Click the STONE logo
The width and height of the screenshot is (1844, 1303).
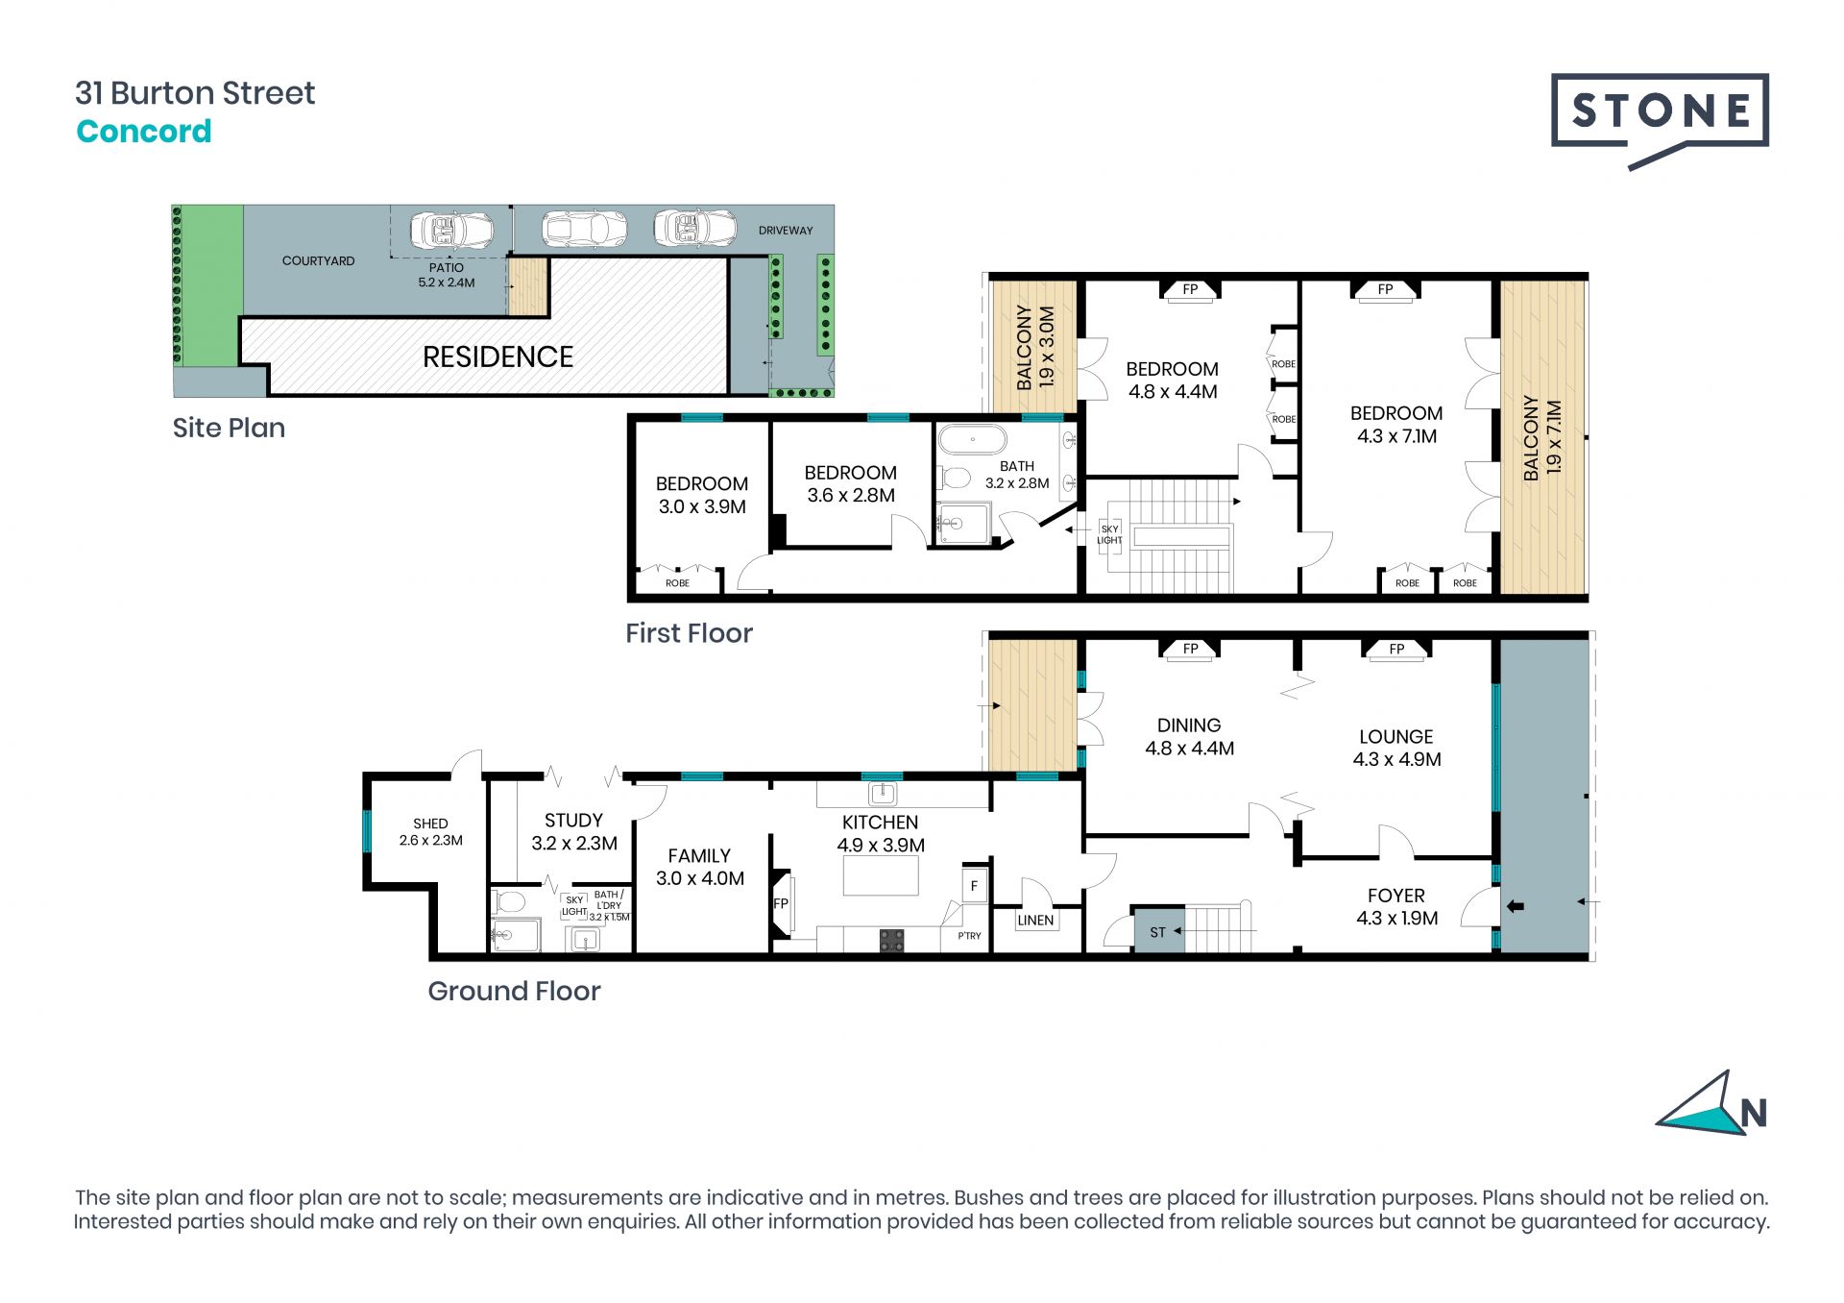pos(1660,120)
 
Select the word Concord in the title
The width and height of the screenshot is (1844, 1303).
pos(144,131)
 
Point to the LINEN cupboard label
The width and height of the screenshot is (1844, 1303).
pos(1035,920)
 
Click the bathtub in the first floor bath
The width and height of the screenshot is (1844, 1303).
pos(973,440)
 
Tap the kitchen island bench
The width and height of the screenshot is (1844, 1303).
pos(881,875)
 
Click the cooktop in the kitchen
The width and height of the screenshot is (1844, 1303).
pos(892,941)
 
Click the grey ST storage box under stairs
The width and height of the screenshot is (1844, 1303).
pos(1157,931)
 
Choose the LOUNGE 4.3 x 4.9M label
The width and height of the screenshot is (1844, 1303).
pos(1396,748)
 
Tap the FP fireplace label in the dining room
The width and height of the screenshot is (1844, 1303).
pos(1190,649)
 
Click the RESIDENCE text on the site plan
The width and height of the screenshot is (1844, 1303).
pos(497,356)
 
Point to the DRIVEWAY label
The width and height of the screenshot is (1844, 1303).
pos(786,231)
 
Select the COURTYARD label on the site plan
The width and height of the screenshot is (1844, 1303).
pos(318,260)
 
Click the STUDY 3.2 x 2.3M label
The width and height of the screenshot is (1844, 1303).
pos(574,831)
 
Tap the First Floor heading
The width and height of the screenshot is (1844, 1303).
pos(689,633)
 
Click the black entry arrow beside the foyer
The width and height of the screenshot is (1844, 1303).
pos(1516,905)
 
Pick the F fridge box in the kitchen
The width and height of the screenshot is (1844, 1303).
pos(974,886)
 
